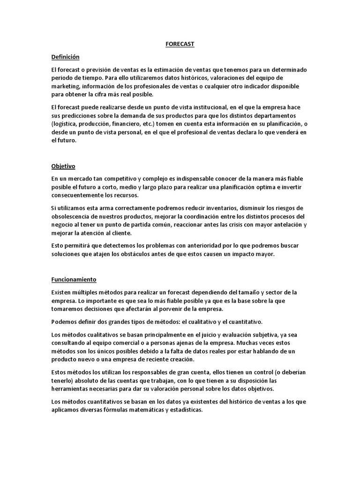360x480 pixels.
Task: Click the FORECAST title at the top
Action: pos(180,44)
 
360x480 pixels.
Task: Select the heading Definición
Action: pos(65,57)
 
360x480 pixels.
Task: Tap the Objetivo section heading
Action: pos(63,166)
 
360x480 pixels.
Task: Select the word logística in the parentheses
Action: pos(68,124)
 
